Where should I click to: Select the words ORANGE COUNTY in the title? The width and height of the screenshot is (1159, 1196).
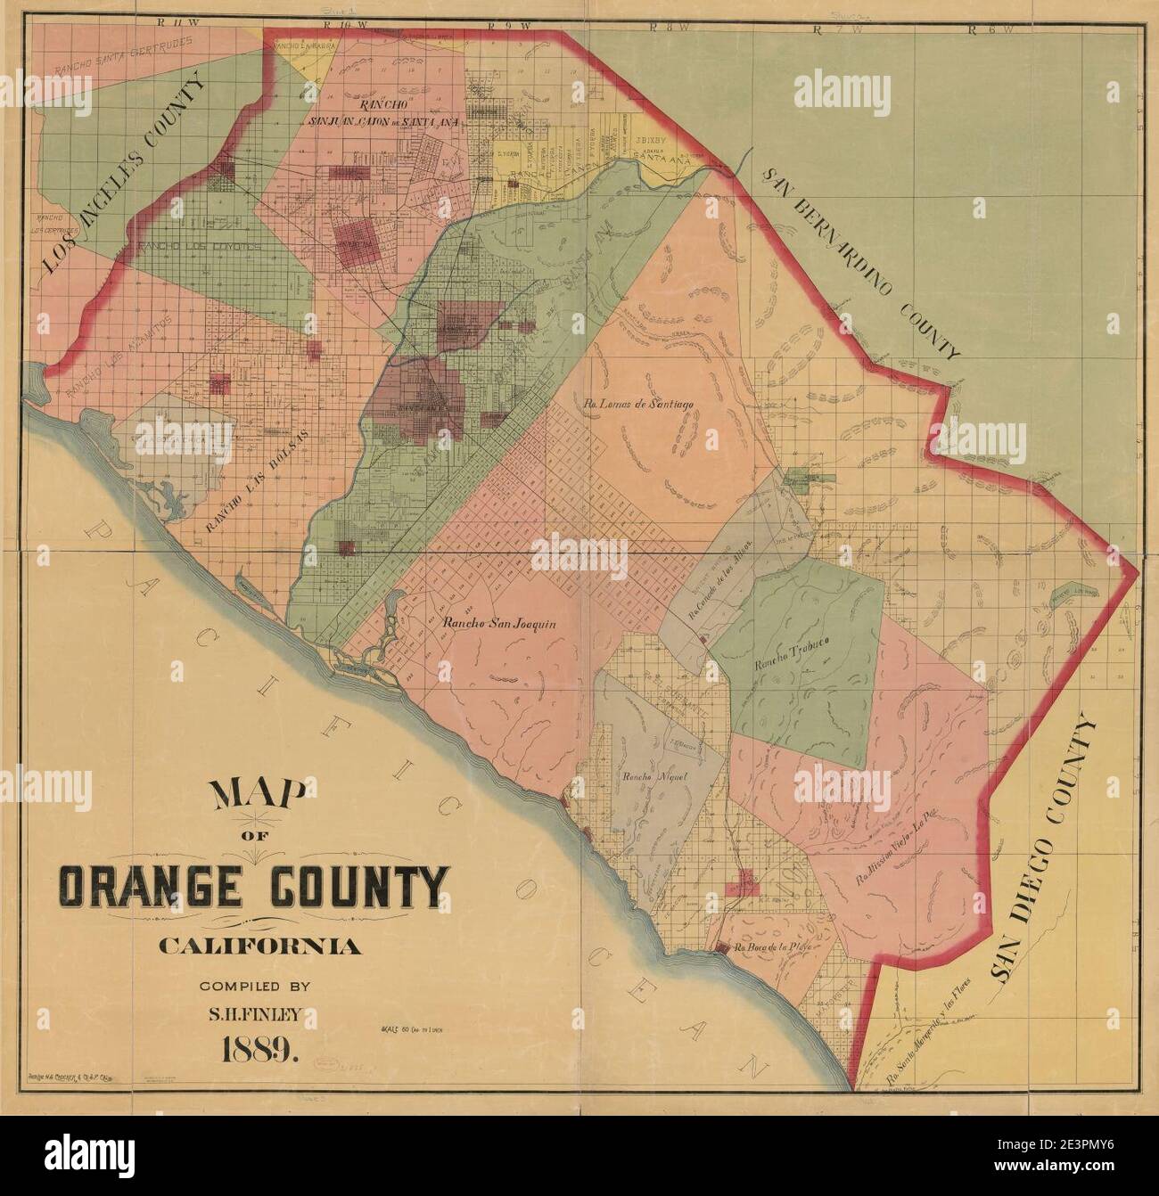coord(252,885)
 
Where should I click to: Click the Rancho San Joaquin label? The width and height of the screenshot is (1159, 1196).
coord(499,625)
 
